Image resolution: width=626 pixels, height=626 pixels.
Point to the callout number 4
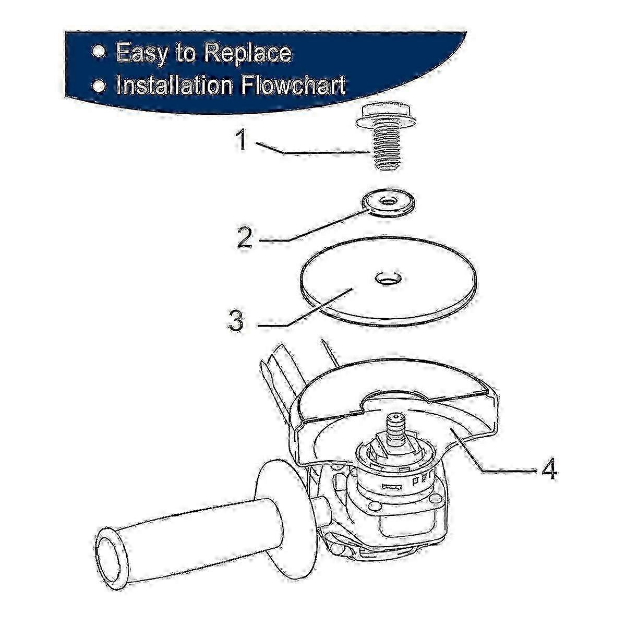548,469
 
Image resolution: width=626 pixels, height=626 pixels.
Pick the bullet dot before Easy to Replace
98,52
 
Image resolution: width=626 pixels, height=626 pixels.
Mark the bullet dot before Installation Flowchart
98,83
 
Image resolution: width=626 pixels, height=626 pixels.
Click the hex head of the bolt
386,115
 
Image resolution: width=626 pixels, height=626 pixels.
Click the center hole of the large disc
387,279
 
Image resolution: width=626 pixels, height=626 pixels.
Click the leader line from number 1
313,153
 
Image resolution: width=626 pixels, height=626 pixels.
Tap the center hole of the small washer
387,200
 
